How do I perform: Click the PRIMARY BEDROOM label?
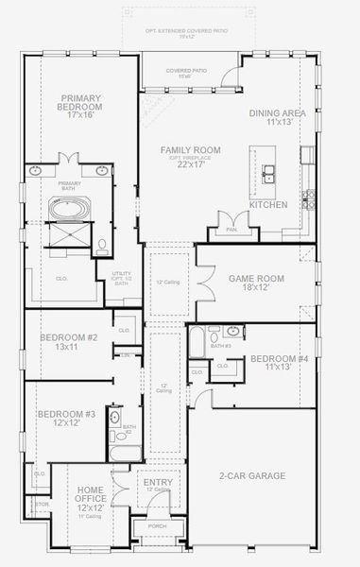(x=81, y=97)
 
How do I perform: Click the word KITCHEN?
(x=267, y=205)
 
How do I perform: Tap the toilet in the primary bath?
(x=103, y=247)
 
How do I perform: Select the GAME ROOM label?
(x=256, y=278)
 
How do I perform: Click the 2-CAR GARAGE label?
(x=252, y=476)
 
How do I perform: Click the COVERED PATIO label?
(x=186, y=71)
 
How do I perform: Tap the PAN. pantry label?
(x=231, y=229)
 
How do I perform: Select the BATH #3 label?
(x=222, y=346)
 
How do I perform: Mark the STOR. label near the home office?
(x=42, y=505)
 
